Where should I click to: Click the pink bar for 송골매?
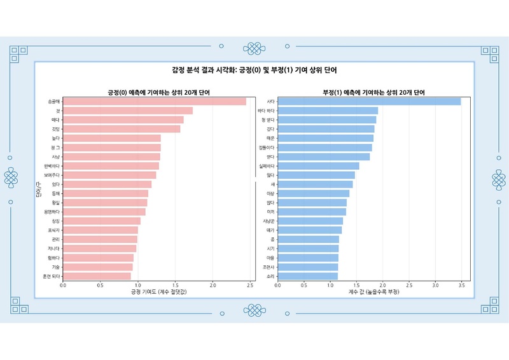[x=155, y=101]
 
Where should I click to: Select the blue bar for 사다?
[x=369, y=101]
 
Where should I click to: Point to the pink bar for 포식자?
[x=101, y=230]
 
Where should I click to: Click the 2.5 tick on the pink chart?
[x=251, y=286]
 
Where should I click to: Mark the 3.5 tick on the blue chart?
[x=461, y=286]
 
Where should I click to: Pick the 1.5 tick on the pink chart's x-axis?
[x=176, y=286]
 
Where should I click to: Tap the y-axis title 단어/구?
[x=39, y=189]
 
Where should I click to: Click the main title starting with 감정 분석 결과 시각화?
[x=254, y=70]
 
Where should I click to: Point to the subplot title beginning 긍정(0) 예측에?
[x=159, y=92]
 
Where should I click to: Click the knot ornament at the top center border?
[x=254, y=47]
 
